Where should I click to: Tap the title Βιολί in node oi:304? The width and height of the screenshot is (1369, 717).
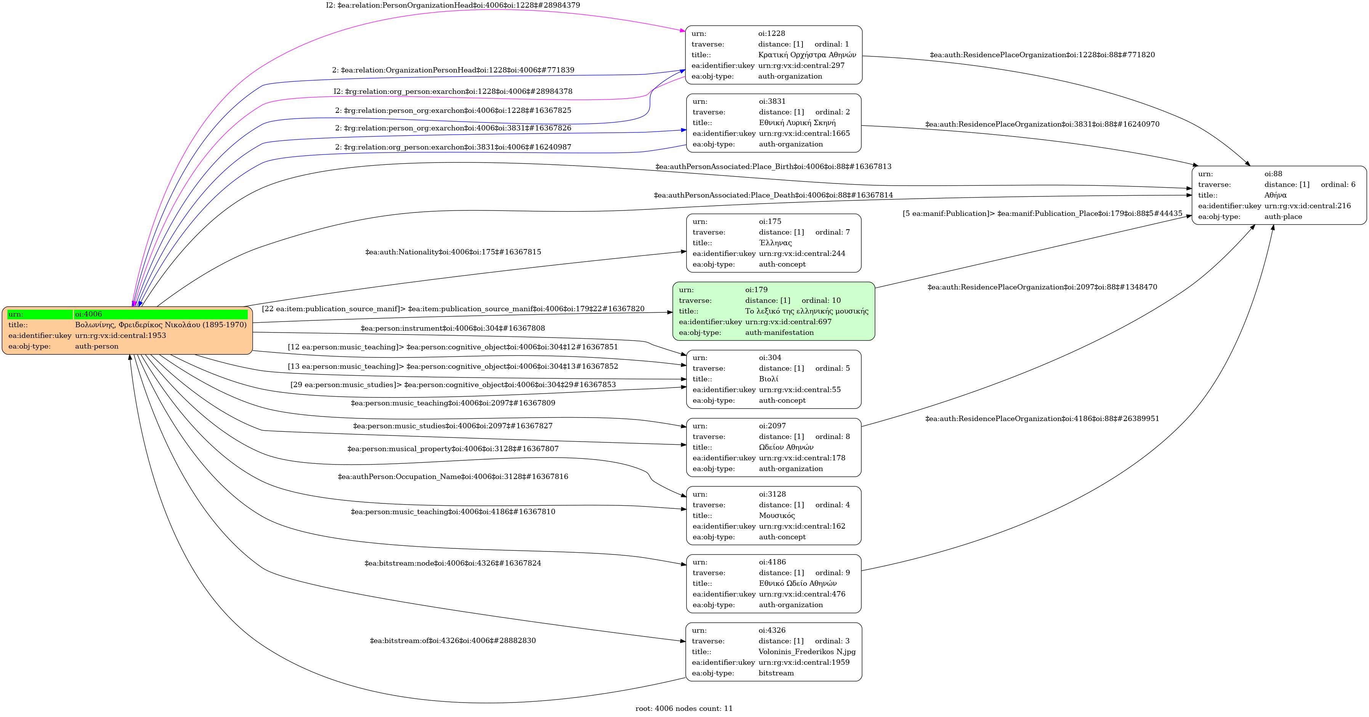769,379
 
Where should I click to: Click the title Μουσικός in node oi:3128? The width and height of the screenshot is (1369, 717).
777,516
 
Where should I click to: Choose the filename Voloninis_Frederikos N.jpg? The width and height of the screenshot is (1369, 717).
807,652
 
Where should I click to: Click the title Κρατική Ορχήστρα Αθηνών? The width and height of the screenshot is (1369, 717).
807,55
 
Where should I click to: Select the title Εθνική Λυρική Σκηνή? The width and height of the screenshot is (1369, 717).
797,123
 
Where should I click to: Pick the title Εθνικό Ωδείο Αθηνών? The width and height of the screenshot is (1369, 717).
797,584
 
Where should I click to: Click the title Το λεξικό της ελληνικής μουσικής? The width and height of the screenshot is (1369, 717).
806,311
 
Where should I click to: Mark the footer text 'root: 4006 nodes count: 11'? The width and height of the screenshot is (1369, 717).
684,709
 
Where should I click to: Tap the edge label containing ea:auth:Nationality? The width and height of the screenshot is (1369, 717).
453,252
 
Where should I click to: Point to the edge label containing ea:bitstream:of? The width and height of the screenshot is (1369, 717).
453,640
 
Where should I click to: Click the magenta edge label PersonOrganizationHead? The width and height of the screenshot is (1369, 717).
453,5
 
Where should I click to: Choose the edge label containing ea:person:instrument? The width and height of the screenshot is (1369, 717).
453,328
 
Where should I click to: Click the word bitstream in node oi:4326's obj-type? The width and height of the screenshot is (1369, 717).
776,673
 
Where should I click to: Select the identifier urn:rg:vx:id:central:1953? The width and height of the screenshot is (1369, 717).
120,335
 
